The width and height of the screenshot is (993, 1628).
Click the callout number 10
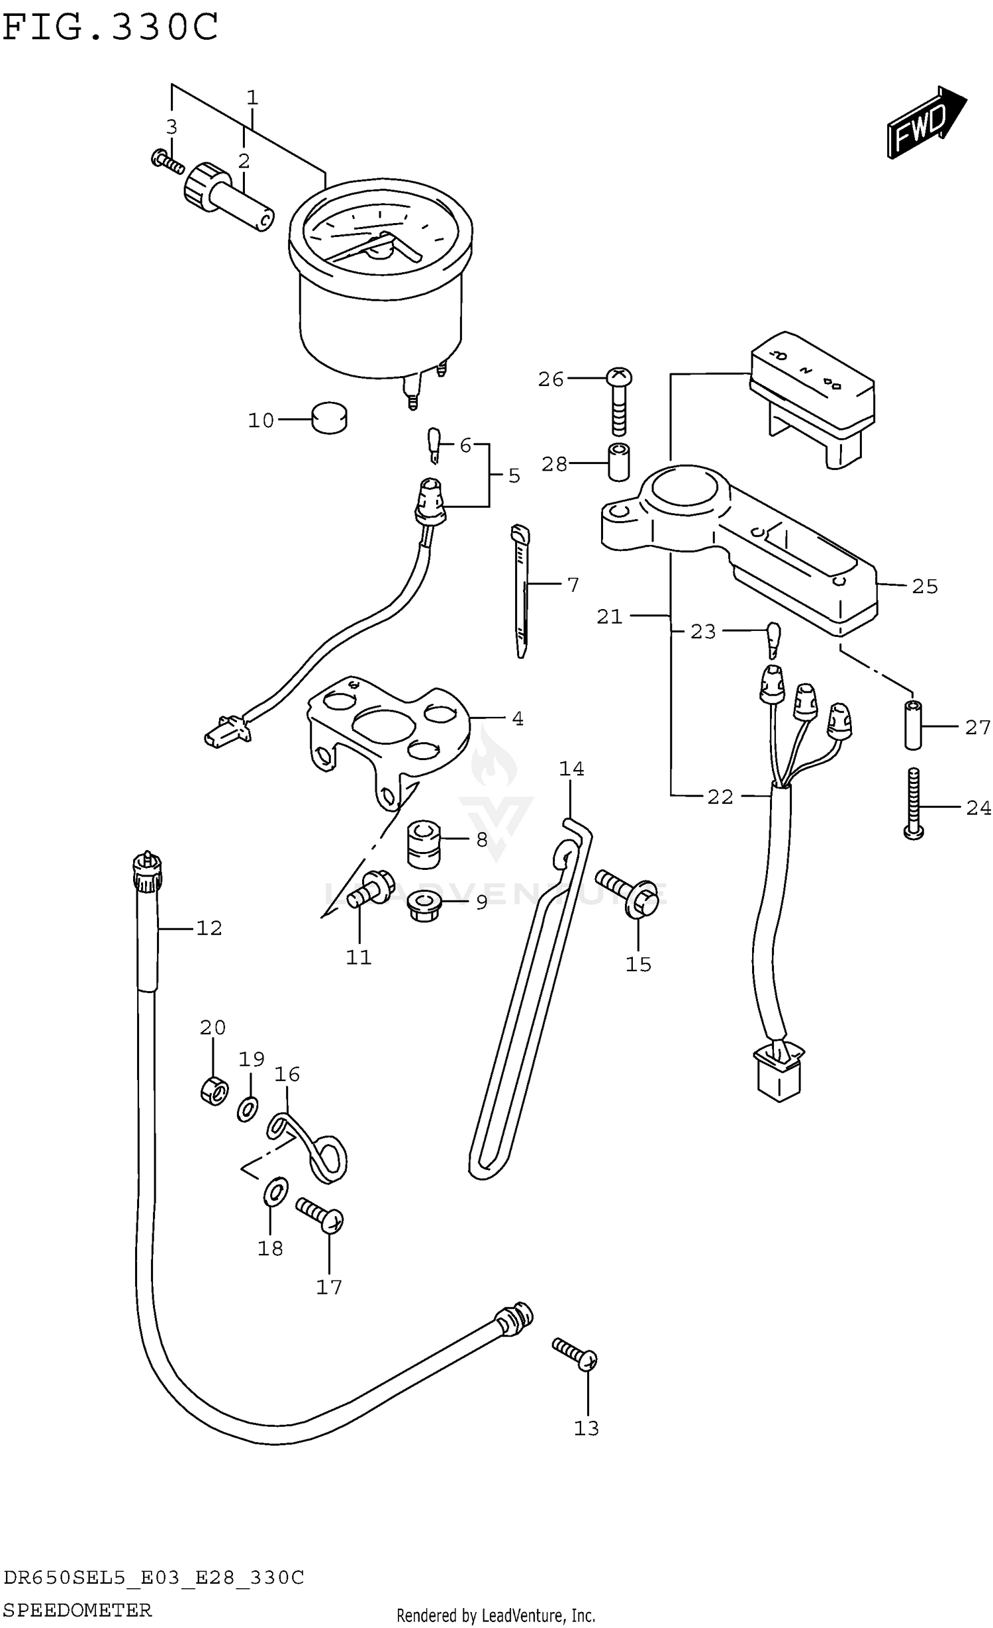pos(261,420)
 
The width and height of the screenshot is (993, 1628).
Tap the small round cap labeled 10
pos(329,418)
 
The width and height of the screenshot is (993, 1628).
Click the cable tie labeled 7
pos(521,589)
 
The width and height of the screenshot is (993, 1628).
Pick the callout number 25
pos(924,587)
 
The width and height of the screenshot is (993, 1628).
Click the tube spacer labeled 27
pos(913,724)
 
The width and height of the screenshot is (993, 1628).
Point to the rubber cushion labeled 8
pos(424,843)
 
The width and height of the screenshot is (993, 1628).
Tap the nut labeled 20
pos(214,1090)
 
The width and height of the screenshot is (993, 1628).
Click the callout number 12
pos(209,928)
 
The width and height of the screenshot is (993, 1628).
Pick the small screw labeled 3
pos(167,161)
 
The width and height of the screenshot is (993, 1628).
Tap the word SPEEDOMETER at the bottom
pos(77,1609)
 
